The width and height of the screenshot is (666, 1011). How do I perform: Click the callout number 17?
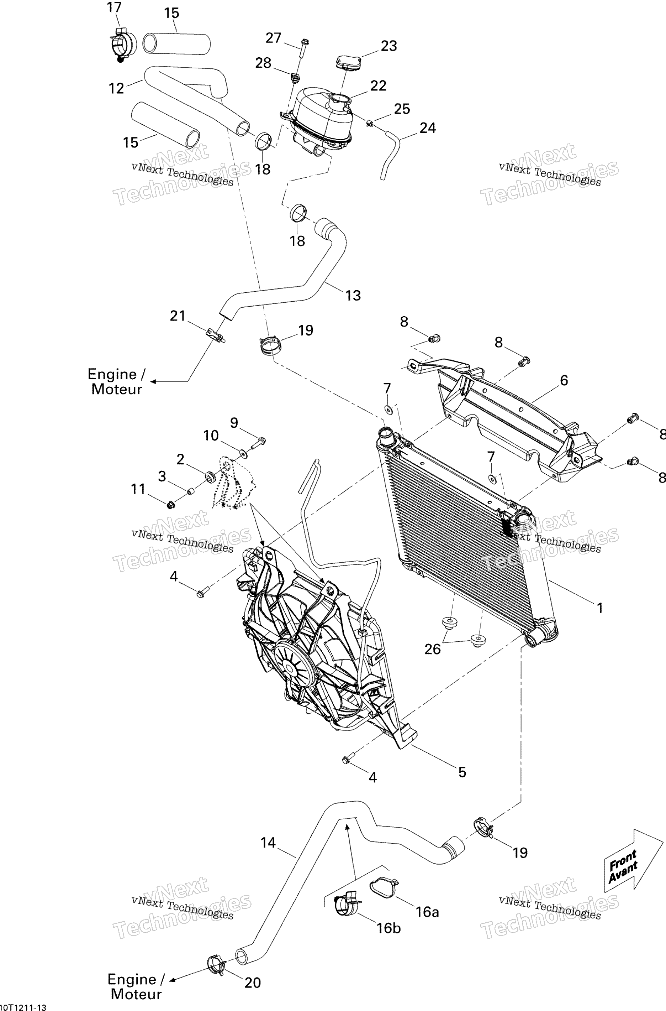tap(114, 7)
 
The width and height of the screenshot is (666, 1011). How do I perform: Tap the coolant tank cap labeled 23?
tap(348, 62)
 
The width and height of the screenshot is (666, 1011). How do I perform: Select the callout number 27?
tap(274, 38)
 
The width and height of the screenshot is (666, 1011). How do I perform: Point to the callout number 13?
tap(353, 295)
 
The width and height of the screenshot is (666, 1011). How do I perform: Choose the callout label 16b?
tap(388, 928)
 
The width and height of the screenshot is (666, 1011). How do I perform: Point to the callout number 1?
tap(600, 608)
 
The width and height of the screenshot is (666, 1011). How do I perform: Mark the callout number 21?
tap(178, 316)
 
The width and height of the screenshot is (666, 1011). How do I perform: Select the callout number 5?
tap(462, 772)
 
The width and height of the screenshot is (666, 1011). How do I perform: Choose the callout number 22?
tap(378, 85)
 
